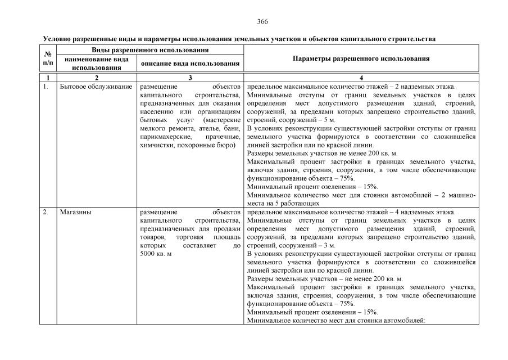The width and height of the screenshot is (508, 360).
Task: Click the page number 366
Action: point(262,21)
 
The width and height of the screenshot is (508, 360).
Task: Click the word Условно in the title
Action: point(57,39)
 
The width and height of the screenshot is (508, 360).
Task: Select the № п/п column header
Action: point(48,58)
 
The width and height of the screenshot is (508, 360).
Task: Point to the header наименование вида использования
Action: point(97,63)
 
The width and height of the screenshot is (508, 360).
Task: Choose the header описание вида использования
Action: point(190,64)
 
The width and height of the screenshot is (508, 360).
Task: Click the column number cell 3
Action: point(190,78)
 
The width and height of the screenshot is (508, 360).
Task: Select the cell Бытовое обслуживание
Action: point(96,87)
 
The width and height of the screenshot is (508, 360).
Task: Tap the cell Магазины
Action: point(76,212)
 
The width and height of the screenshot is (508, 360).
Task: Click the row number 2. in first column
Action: point(46,212)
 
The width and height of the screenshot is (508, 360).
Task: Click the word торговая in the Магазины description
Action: point(191,237)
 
